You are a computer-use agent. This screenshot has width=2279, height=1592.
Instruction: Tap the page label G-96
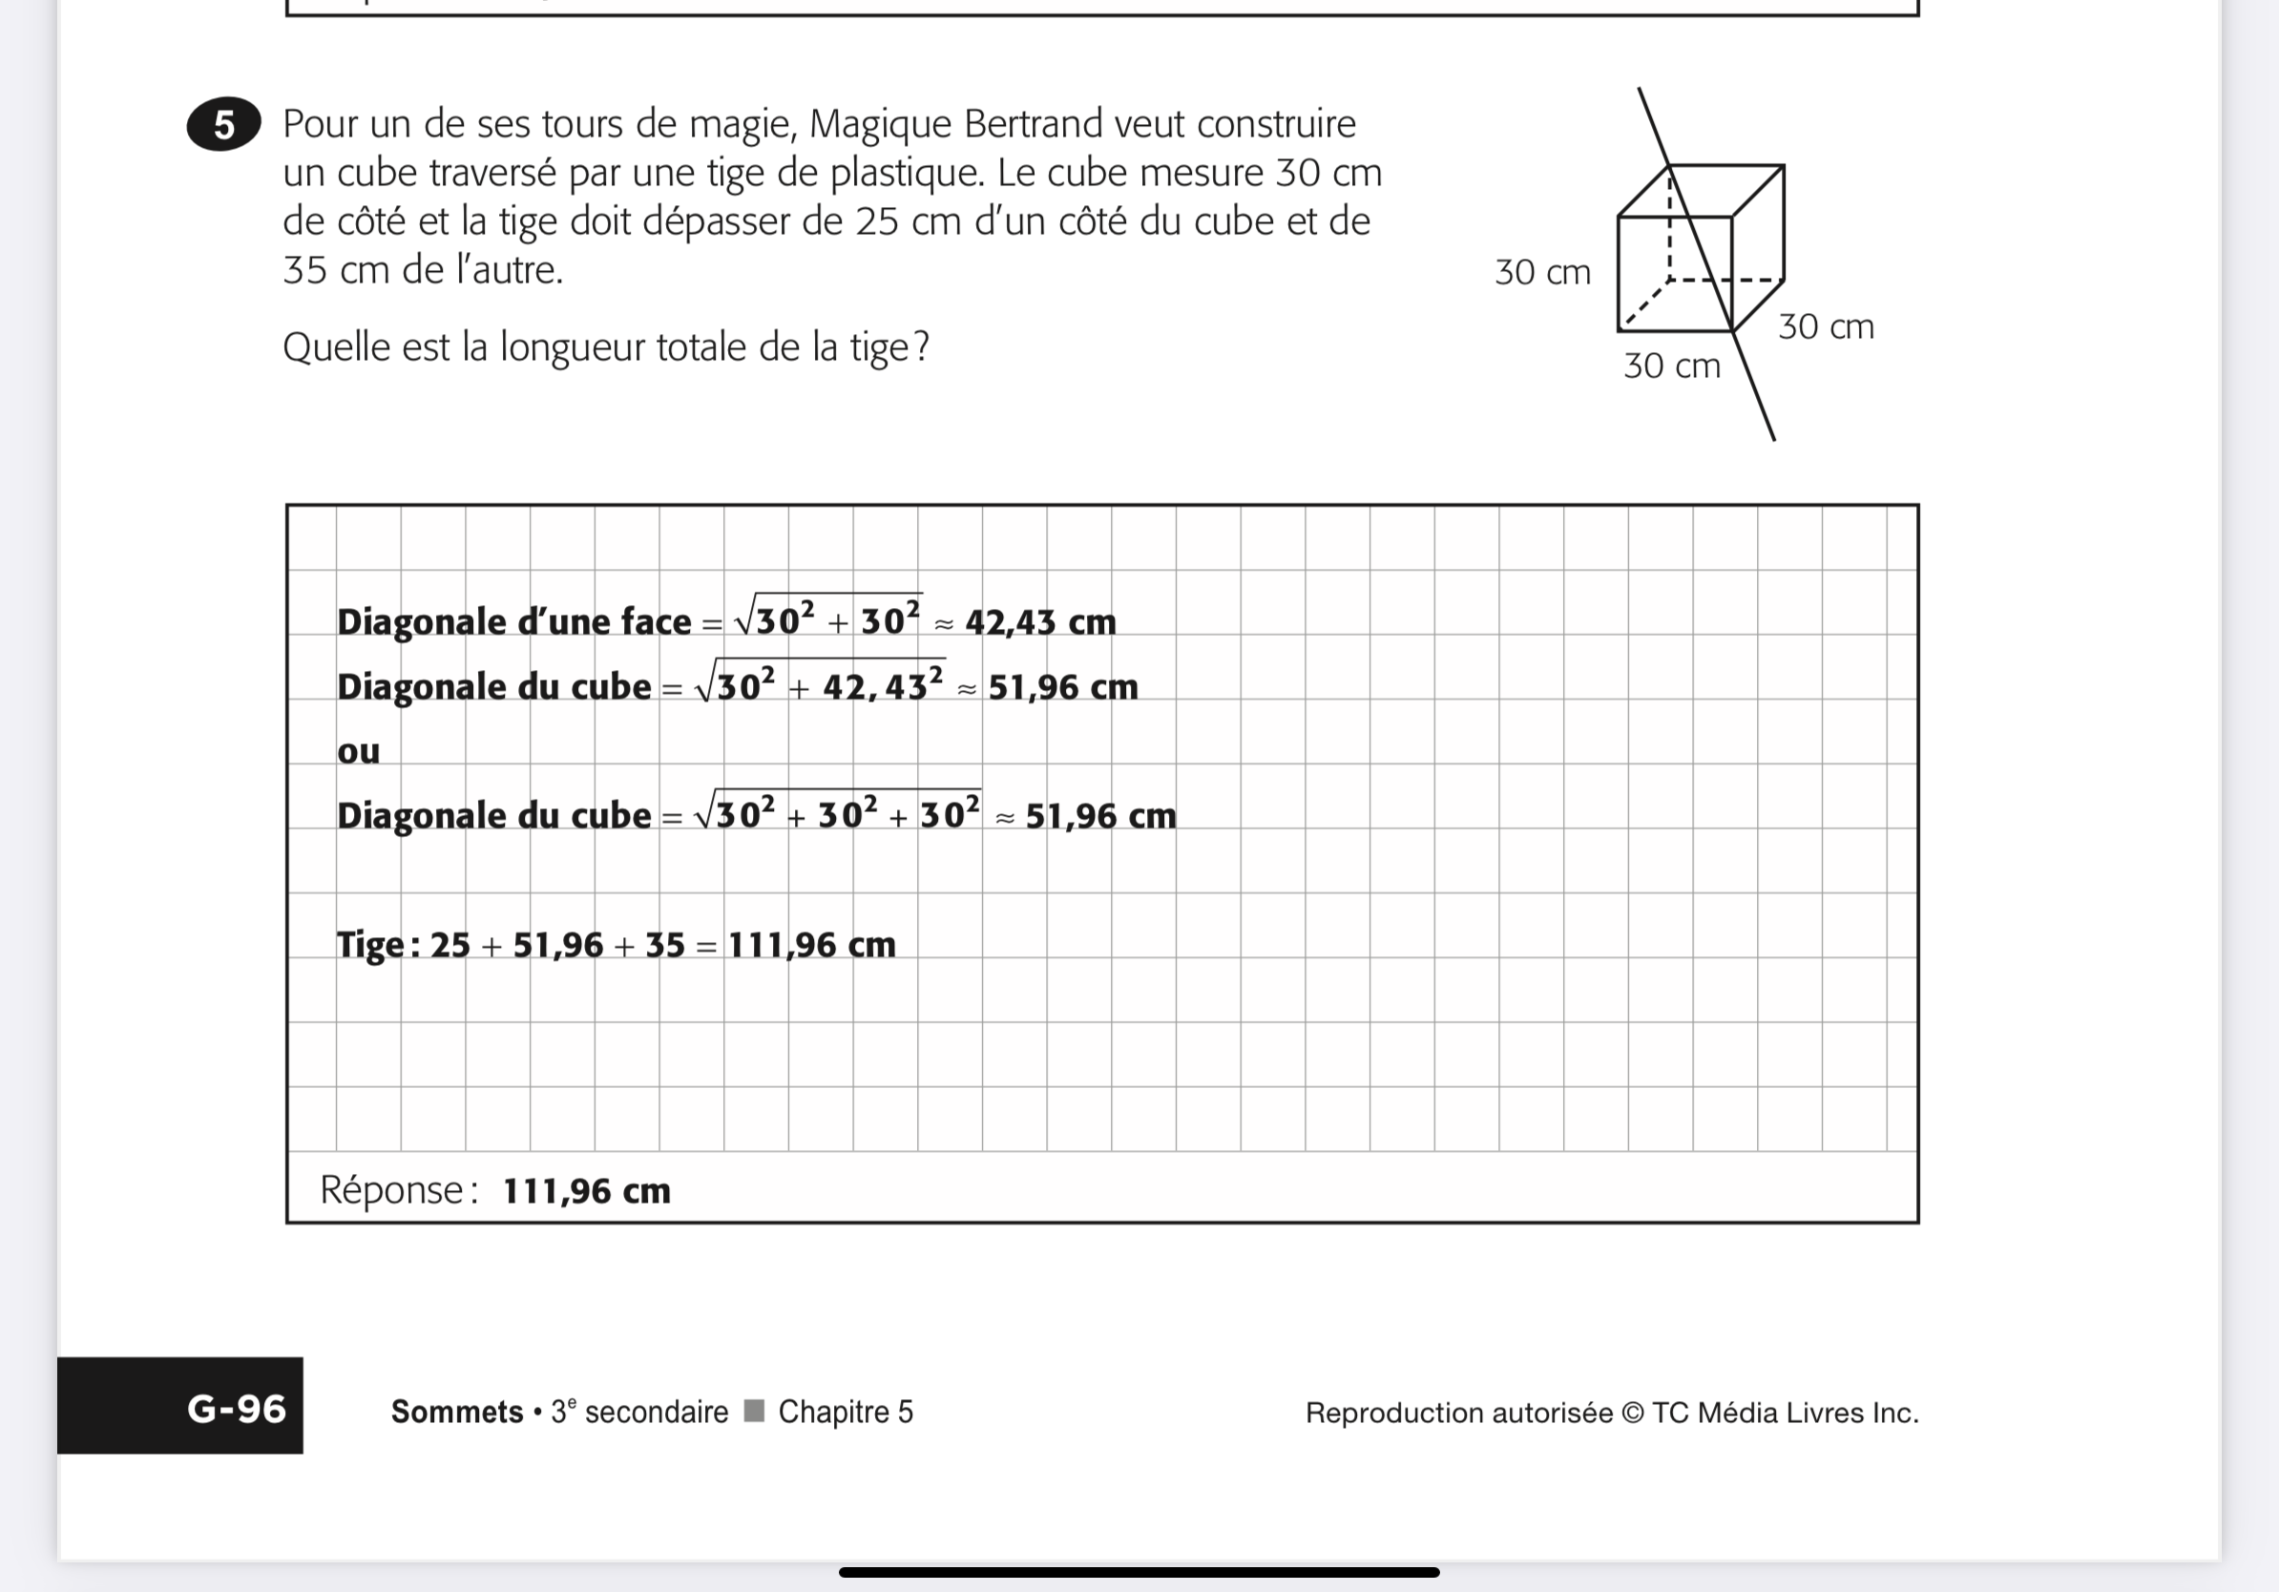click(x=237, y=1409)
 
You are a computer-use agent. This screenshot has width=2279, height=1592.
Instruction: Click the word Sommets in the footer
click(x=456, y=1412)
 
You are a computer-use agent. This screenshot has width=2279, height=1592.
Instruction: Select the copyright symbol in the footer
click(x=1632, y=1413)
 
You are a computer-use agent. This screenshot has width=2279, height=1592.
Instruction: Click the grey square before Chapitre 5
click(x=754, y=1411)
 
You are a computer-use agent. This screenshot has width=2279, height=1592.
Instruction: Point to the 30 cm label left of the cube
click(x=1542, y=272)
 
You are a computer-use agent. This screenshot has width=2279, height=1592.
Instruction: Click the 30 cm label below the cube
click(x=1671, y=367)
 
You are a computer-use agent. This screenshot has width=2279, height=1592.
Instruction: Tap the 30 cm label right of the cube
click(x=1826, y=326)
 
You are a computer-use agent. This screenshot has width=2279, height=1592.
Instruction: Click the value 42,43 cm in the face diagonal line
click(x=1040, y=622)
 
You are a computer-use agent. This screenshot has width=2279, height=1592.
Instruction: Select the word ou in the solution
click(x=358, y=751)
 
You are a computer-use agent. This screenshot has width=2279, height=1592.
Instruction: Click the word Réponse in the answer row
click(x=391, y=1189)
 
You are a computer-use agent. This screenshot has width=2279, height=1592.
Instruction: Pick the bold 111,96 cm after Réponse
click(x=587, y=1190)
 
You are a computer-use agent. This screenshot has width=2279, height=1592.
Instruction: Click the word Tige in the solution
click(x=370, y=945)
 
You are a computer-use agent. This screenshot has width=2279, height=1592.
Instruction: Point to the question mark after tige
click(x=920, y=347)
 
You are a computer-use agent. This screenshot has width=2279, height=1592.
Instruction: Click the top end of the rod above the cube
click(x=1640, y=91)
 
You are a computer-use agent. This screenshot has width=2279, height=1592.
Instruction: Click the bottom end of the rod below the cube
click(x=1773, y=438)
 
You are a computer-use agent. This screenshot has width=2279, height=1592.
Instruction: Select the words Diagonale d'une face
click(x=513, y=622)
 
